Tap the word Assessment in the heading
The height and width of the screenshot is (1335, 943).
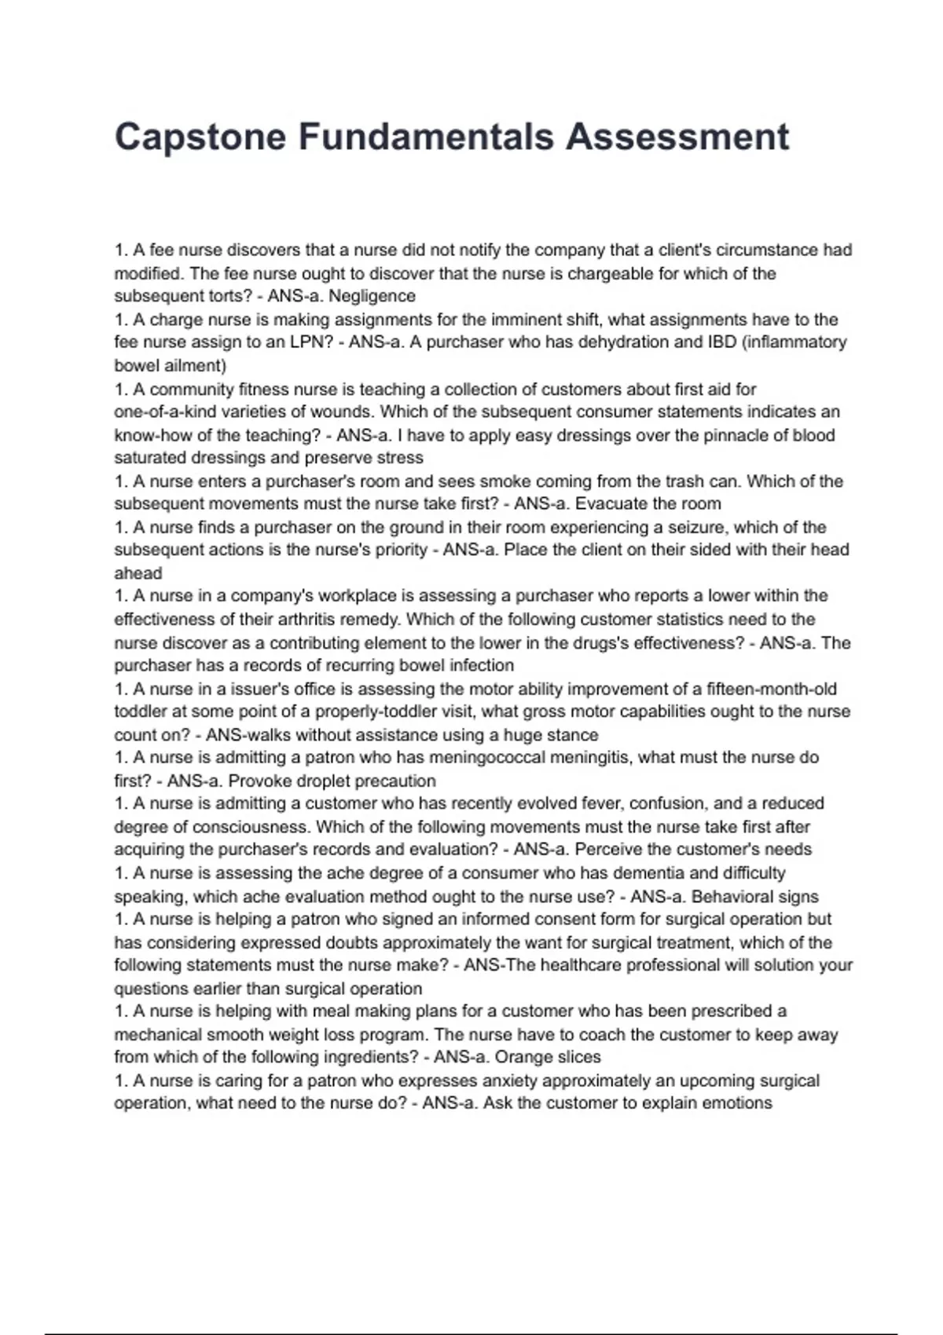tap(677, 137)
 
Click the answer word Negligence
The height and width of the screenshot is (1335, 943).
tap(372, 296)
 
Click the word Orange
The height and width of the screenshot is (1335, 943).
tap(520, 1057)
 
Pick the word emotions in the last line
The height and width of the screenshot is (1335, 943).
tap(737, 1103)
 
